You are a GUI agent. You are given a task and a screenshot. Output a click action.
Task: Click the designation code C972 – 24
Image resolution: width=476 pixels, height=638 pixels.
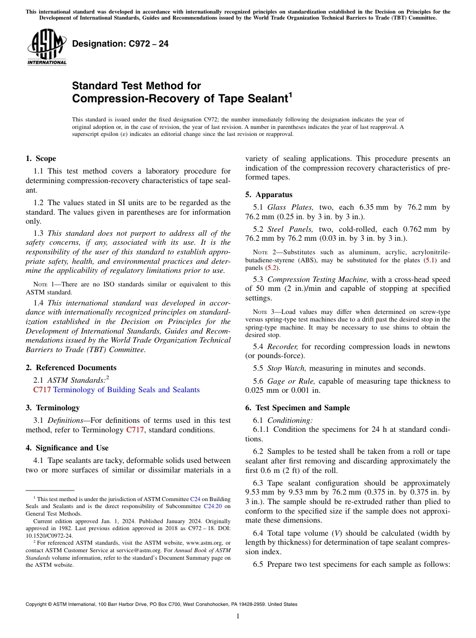coord(120,44)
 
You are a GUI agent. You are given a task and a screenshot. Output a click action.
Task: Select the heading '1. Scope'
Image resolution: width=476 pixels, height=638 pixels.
coord(41,158)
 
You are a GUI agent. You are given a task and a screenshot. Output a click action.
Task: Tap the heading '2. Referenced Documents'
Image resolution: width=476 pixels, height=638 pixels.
coord(71,368)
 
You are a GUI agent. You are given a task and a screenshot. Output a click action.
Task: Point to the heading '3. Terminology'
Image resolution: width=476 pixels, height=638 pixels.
coord(53,408)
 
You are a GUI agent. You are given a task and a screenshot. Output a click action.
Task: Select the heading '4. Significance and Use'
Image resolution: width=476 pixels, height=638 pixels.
coord(67,448)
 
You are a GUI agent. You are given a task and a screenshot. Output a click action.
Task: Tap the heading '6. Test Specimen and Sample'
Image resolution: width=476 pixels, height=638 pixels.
coord(298,408)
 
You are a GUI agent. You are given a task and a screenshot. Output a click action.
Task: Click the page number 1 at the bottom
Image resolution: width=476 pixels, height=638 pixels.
coord(238,616)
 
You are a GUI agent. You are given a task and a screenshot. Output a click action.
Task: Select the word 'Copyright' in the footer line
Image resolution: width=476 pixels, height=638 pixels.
coord(37,604)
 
